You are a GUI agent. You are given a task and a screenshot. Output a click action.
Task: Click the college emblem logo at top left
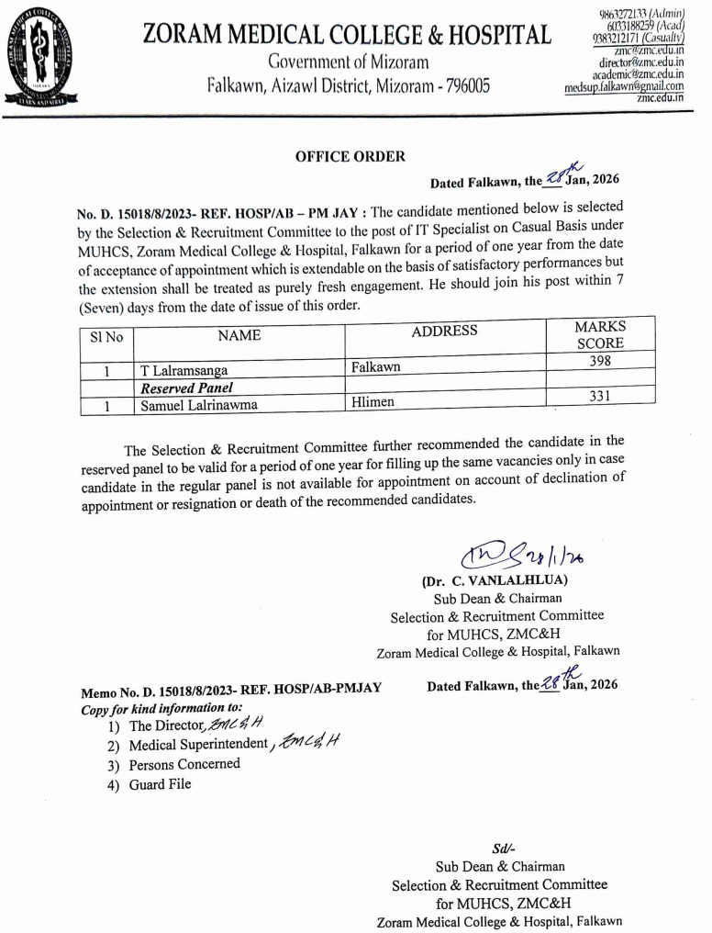[42, 57]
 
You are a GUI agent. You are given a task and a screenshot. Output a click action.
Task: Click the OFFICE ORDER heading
[350, 157]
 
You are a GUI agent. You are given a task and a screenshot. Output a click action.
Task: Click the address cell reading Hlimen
[374, 402]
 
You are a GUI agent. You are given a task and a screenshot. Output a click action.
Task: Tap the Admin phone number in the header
[632, 15]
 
